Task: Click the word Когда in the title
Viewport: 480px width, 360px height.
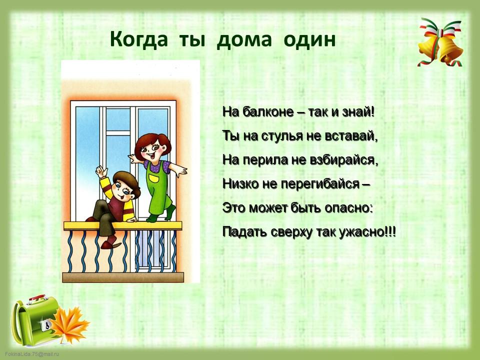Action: pyautogui.click(x=138, y=39)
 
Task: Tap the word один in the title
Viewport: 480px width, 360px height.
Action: pyautogui.click(x=309, y=40)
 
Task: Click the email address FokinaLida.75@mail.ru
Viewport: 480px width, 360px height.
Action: pyautogui.click(x=32, y=354)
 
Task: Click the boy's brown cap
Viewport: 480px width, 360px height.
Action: pyautogui.click(x=126, y=181)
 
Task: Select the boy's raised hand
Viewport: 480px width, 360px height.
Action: pyautogui.click(x=101, y=171)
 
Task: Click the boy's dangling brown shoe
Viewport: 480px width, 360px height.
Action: pyautogui.click(x=110, y=244)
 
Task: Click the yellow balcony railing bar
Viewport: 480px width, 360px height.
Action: pyautogui.click(x=123, y=226)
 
